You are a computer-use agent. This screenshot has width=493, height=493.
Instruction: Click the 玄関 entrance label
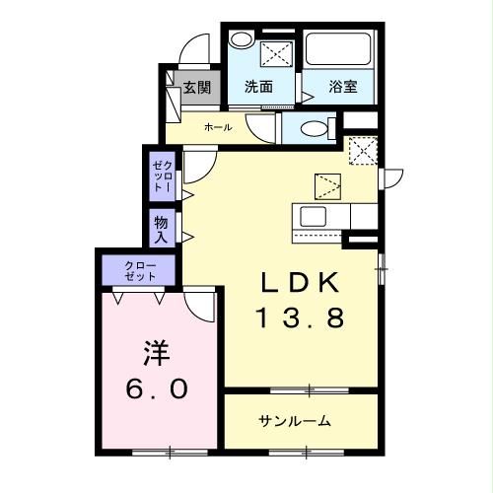tap(197, 87)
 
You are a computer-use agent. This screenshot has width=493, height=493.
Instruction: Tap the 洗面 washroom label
tap(258, 87)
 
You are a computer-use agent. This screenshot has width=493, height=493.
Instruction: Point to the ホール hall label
tap(218, 128)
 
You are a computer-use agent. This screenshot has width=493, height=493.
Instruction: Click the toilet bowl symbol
tap(314, 128)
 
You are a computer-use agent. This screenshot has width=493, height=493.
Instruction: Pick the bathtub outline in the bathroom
tap(338, 48)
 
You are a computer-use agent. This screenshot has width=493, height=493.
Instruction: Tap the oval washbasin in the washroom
tap(241, 41)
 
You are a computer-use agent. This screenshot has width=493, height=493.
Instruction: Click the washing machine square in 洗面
tap(276, 52)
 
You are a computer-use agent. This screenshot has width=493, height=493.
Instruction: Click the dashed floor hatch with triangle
tap(327, 184)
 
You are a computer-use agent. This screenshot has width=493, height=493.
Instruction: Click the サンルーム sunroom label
tap(294, 421)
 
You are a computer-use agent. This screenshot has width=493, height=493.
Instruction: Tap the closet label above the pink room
tap(139, 270)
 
